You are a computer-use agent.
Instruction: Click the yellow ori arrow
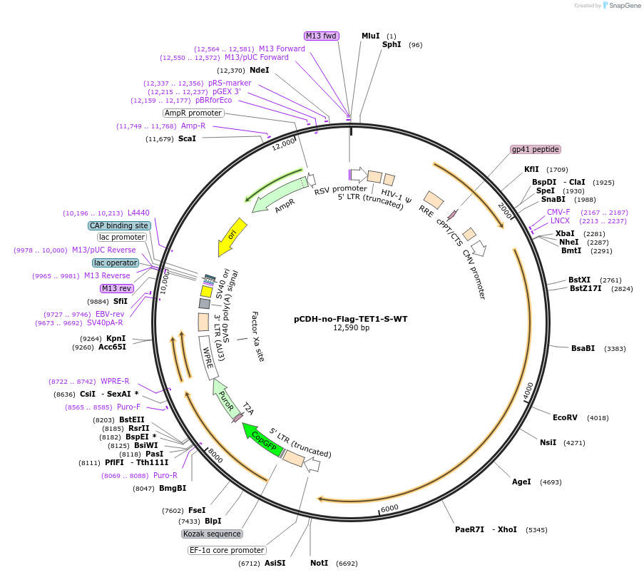click(x=232, y=236)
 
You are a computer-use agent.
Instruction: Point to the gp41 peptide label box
click(x=536, y=149)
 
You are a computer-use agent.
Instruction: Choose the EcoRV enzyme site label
click(x=565, y=417)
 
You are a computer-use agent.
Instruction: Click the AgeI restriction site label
click(x=521, y=482)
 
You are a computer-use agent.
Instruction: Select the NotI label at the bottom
click(x=319, y=563)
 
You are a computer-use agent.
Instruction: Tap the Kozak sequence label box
click(x=212, y=534)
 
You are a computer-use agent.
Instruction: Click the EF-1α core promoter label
click(x=227, y=550)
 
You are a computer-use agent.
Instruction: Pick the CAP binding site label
click(x=119, y=225)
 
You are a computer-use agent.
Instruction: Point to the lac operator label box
click(x=116, y=263)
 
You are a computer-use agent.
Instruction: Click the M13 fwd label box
click(x=321, y=36)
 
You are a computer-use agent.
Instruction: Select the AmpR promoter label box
click(x=193, y=113)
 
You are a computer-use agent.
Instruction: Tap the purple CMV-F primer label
click(x=558, y=212)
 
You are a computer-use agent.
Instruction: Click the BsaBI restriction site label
click(x=583, y=348)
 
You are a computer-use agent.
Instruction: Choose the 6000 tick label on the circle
click(x=389, y=509)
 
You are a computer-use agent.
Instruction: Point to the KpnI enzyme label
click(x=116, y=338)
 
